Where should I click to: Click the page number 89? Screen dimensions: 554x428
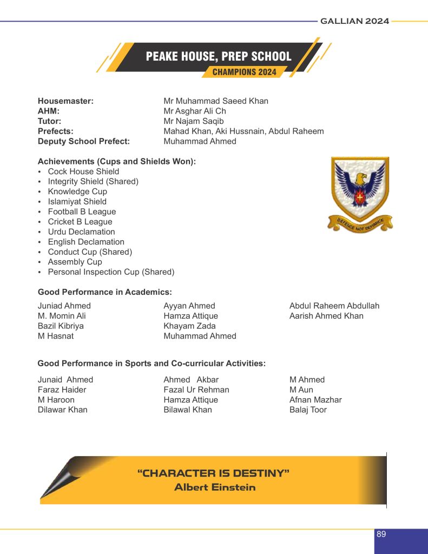(x=381, y=534)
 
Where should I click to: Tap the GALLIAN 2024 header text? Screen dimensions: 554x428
(x=354, y=21)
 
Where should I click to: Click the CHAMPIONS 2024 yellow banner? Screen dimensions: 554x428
(x=244, y=72)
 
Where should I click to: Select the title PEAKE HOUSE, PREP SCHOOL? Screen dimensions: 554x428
(x=219, y=56)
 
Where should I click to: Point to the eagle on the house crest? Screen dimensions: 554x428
(x=360, y=187)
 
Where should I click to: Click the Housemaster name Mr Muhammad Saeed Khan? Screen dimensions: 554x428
(x=216, y=101)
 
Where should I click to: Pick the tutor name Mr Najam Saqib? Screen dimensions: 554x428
(x=194, y=121)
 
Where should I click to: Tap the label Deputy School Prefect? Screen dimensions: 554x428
(x=84, y=141)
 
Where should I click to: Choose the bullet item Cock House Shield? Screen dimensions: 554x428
(x=83, y=172)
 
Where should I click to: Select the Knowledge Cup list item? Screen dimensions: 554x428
(x=77, y=192)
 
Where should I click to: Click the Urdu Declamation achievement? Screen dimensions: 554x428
(x=81, y=232)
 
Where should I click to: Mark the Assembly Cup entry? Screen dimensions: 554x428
(x=75, y=262)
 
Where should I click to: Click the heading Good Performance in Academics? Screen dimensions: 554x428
(x=105, y=292)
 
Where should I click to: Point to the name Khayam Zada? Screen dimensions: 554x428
(x=189, y=326)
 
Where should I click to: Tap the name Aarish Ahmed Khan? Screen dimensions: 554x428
(x=326, y=316)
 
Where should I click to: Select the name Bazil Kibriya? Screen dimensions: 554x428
(x=61, y=326)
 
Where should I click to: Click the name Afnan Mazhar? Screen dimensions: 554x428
(x=315, y=400)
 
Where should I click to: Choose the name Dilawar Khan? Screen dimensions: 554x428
(x=62, y=410)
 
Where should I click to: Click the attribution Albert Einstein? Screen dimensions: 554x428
(x=215, y=487)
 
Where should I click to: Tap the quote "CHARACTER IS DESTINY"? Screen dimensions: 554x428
(x=214, y=473)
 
